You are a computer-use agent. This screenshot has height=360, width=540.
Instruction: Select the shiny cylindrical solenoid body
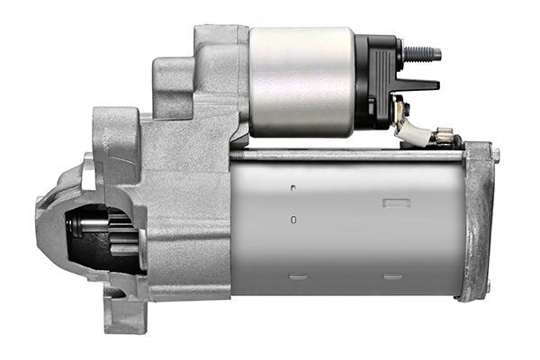[301, 81]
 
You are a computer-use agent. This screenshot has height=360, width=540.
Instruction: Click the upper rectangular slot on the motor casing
[396, 202]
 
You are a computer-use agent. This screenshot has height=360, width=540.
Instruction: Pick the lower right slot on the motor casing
[392, 276]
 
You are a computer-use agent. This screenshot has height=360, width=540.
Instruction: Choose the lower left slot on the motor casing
[299, 275]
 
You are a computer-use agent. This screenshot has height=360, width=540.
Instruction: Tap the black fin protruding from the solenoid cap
[416, 85]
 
